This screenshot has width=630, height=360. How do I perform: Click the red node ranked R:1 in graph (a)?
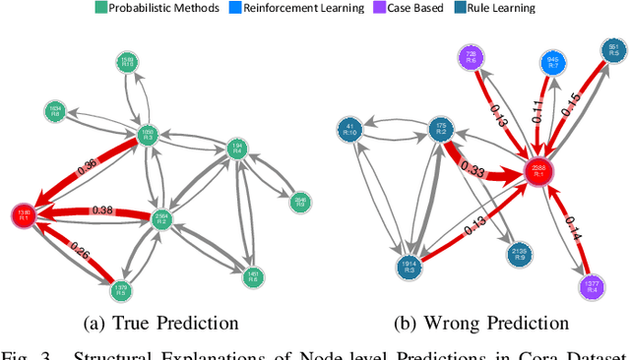point(24,214)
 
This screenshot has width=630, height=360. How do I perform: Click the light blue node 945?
point(555,63)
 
